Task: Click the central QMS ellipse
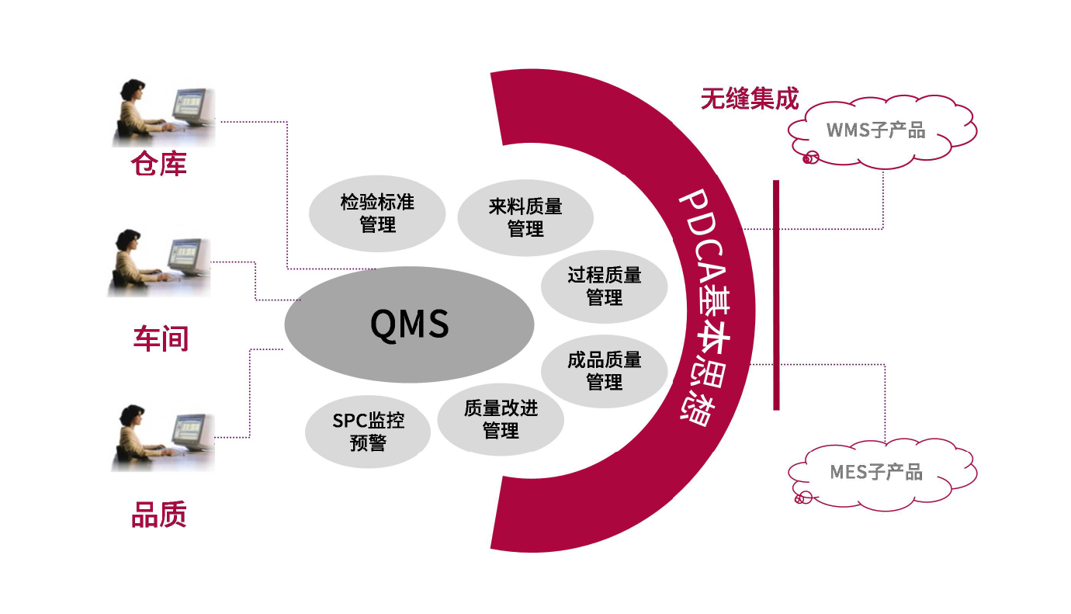[x=409, y=324]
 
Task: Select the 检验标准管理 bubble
[x=377, y=214]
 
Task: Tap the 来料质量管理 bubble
[x=525, y=217]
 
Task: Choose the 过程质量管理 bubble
[x=604, y=286]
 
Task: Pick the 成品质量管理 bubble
[x=604, y=370]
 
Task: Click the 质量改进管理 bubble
[x=501, y=419]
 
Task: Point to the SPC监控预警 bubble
[x=368, y=432]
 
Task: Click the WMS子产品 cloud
[x=881, y=130]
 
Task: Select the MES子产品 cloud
[x=881, y=472]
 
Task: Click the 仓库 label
[x=159, y=164]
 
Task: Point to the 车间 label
[x=161, y=338]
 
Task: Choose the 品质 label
[x=159, y=515]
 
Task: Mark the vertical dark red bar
[x=775, y=295]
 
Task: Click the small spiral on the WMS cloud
[x=809, y=158]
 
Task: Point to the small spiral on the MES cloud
[x=802, y=497]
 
